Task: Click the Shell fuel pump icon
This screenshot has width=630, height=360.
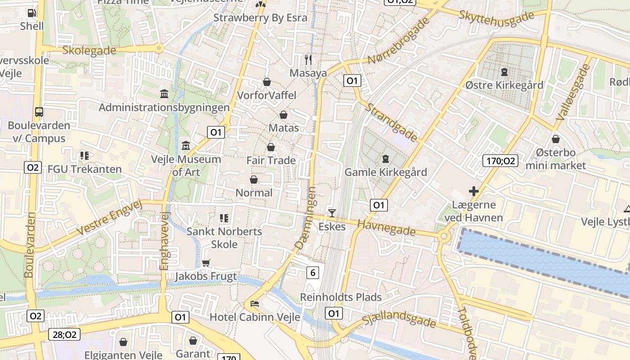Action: [31, 13]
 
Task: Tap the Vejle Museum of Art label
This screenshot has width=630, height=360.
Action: [186, 165]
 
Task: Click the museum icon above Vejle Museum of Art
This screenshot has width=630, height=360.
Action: [186, 146]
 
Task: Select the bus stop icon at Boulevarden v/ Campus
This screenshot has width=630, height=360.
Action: [39, 112]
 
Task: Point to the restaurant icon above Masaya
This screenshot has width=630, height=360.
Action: [308, 59]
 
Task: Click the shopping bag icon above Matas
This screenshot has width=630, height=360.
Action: [283, 115]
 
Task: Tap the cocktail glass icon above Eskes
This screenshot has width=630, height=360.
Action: [332, 213]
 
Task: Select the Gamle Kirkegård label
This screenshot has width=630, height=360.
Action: [386, 172]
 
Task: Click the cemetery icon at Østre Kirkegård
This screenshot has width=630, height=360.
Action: [504, 72]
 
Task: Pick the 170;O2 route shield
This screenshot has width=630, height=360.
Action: [500, 161]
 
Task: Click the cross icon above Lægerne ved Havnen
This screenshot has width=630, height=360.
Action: [473, 191]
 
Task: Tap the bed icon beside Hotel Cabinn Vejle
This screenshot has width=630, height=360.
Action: [255, 304]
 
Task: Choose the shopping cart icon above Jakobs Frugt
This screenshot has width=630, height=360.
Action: [206, 263]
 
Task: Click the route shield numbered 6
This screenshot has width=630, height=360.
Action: [313, 272]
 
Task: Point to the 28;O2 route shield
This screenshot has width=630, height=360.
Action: [64, 334]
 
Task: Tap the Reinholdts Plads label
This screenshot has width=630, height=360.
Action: [341, 297]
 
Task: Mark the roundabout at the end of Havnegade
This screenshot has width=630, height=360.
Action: [445, 236]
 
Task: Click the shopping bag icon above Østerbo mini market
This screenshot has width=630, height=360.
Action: [556, 139]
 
